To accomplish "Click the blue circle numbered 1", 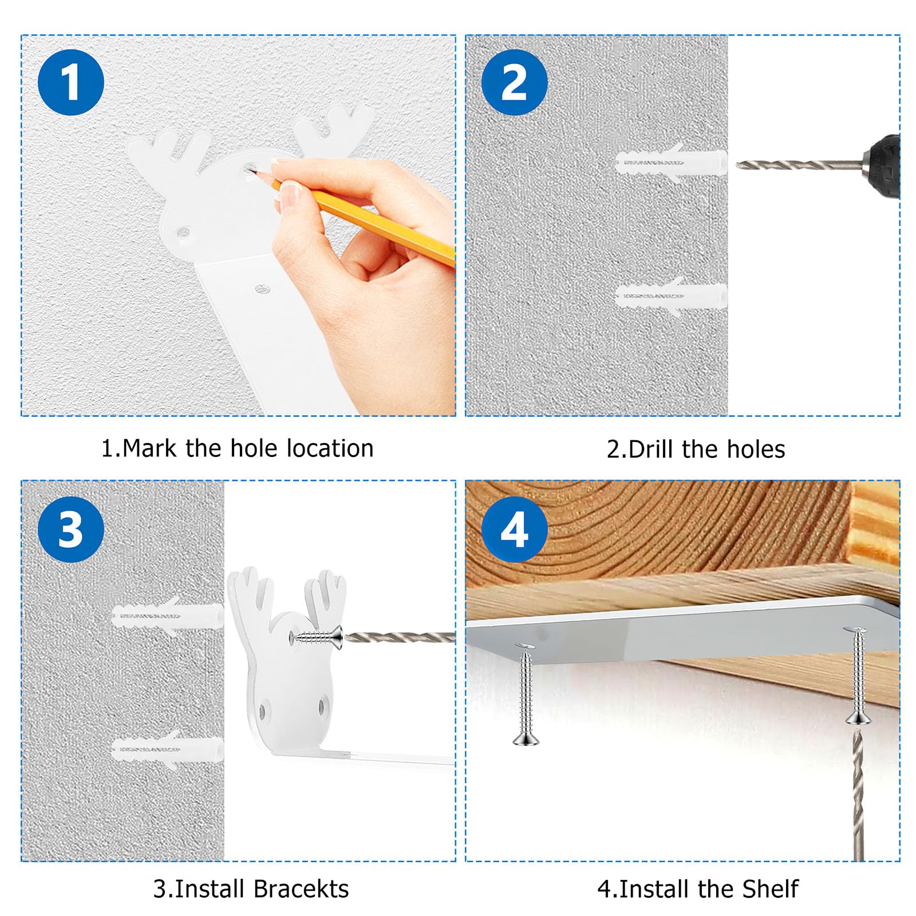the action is pos(71,82).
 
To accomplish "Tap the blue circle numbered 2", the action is pos(514,82).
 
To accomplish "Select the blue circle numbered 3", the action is pos(71,530).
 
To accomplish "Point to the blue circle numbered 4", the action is pos(514,530).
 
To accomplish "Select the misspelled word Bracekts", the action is pos(301,889).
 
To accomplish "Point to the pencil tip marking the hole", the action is pos(252,169).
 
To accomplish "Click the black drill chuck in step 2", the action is pos(882,166).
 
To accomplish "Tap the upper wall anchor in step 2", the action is pos(671,163).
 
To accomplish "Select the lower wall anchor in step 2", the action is pos(671,297).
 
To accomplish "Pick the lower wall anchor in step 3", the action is pos(167,749).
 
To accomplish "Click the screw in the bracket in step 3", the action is pos(318,637).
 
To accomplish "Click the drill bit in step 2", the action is pos(799,165).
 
